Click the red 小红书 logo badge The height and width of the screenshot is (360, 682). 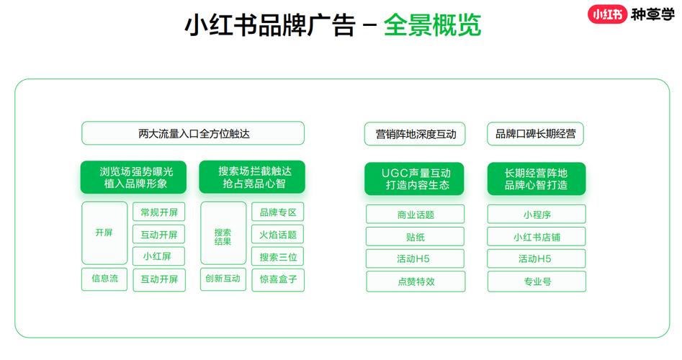608,14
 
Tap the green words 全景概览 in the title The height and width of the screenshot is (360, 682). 432,24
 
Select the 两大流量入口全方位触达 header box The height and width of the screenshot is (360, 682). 193,133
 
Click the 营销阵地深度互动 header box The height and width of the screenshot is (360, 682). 415,134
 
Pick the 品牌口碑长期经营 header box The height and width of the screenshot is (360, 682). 535,134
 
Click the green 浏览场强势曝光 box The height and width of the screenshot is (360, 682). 133,177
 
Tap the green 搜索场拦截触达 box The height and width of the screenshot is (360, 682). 252,177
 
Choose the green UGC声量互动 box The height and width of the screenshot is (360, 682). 415,179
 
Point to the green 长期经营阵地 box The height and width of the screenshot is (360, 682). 537,179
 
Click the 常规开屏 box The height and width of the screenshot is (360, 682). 158,212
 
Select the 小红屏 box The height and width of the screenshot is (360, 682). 158,256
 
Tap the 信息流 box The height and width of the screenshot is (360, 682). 104,279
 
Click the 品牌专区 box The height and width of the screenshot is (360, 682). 278,212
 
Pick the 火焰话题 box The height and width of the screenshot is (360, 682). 278,234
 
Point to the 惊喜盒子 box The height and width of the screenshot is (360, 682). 278,279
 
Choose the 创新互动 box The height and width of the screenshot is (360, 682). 223,279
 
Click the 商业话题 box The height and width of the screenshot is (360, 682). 416,215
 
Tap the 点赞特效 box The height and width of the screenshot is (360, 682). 416,282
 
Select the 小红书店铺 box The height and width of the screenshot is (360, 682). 537,237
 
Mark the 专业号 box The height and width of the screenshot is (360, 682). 537,282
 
